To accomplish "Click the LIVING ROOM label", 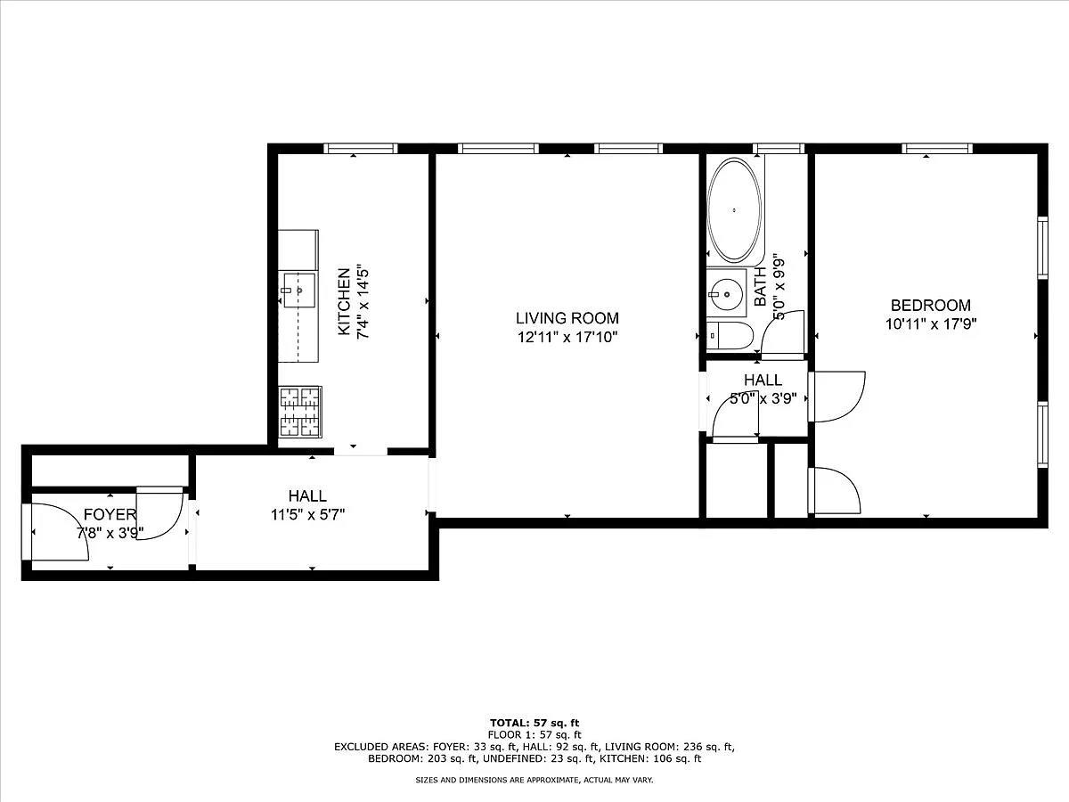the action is tap(567, 318).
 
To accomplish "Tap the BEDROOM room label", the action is tap(931, 306).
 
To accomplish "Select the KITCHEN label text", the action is tap(345, 301).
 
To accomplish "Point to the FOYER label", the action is tap(110, 514).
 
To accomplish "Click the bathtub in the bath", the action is tap(734, 210).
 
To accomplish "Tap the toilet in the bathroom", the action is tap(730, 335).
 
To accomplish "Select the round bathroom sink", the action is tap(726, 294).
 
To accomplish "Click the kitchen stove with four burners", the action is tap(299, 412).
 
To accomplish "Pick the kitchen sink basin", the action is tap(299, 291).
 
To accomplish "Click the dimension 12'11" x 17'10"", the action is tap(567, 337).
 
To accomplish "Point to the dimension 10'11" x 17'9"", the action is tap(931, 323).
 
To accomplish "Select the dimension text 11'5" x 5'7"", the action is tap(308, 514).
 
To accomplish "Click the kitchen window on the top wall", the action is tap(361, 149).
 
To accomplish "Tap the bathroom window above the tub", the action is tap(779, 149).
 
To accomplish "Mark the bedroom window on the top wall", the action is tap(937, 149).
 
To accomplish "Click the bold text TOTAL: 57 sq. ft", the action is tap(534, 723).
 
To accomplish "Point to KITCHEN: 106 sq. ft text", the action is tap(650, 758).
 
